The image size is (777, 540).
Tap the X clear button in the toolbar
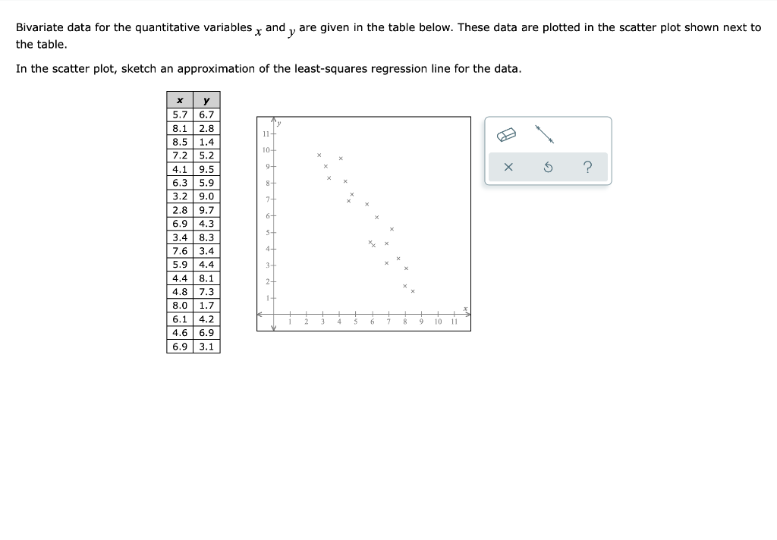(x=508, y=167)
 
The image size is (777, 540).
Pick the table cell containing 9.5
(x=206, y=169)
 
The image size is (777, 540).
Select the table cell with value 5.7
(x=180, y=115)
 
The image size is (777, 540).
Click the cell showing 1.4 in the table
(x=206, y=142)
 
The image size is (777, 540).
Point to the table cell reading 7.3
(x=206, y=291)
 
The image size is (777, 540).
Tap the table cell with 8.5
(x=180, y=142)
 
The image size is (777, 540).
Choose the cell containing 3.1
(x=206, y=346)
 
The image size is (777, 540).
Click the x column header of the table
(x=180, y=100)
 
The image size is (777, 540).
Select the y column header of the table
(x=206, y=100)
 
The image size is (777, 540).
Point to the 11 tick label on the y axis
(x=265, y=133)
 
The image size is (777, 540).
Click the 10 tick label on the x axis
(x=439, y=322)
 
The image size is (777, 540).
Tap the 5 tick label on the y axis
(x=266, y=232)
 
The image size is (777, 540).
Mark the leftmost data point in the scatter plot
(x=319, y=155)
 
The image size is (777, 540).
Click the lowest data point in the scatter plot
(x=413, y=291)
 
